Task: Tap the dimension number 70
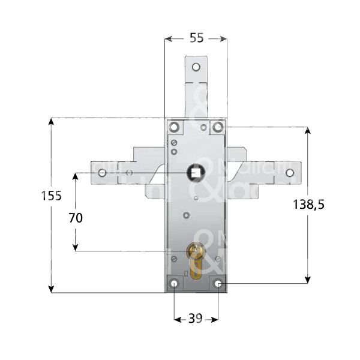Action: coord(76,218)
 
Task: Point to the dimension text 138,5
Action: coord(308,205)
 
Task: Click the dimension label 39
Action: coord(196,319)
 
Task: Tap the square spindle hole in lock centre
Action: coord(196,173)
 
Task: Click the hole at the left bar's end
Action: coord(101,173)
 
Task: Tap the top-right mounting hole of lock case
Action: coord(217,127)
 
